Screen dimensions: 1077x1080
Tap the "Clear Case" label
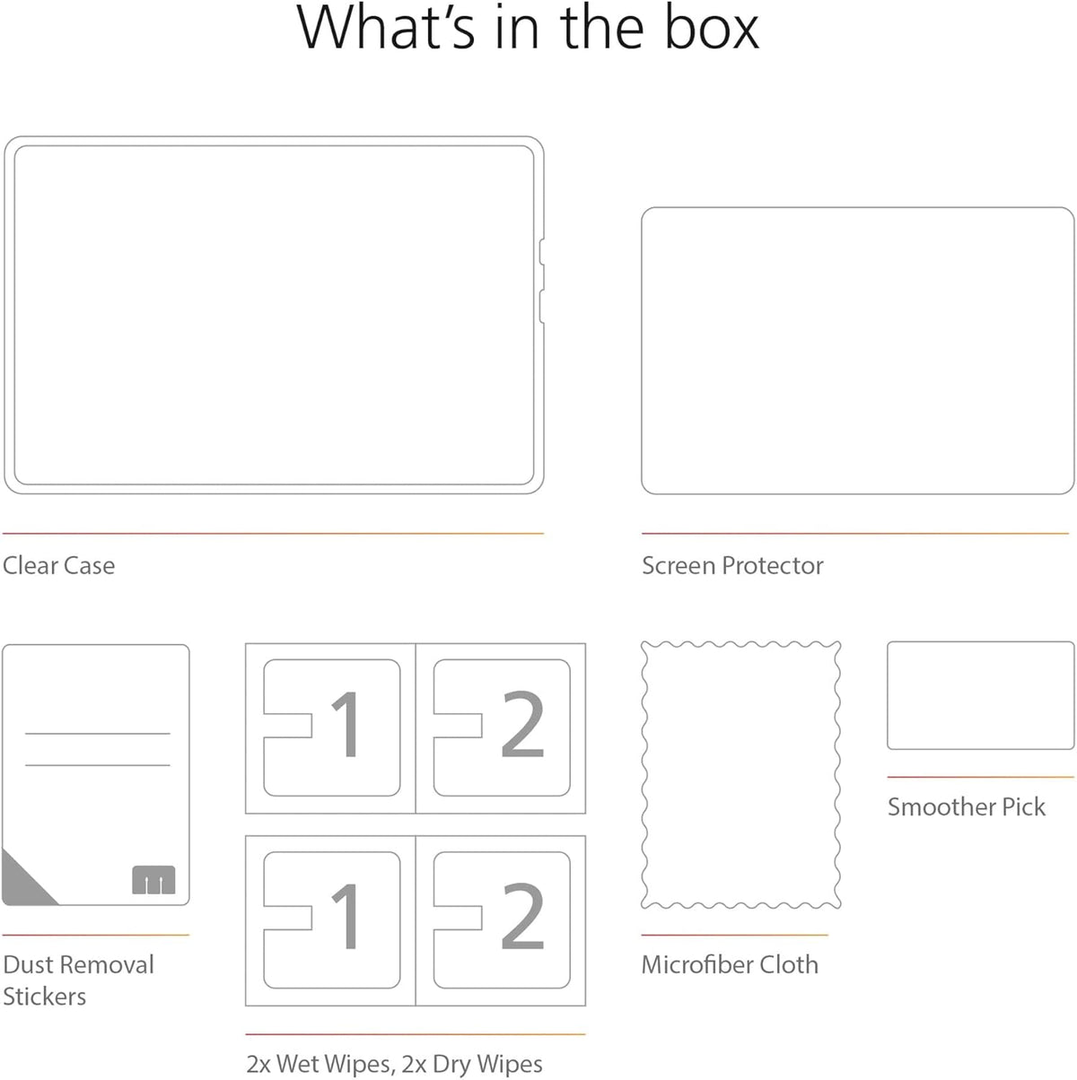tap(59, 565)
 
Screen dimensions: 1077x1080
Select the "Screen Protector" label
tap(732, 565)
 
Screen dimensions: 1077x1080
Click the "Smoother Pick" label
tap(967, 807)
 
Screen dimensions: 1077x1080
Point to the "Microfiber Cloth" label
tap(730, 964)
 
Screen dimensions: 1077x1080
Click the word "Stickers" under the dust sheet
tap(45, 997)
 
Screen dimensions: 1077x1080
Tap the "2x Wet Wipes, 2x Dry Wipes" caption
tap(394, 1064)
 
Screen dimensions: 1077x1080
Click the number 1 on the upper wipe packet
tap(346, 724)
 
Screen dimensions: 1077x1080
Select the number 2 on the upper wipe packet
tap(522, 723)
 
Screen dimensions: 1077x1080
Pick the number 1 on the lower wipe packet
tap(346, 916)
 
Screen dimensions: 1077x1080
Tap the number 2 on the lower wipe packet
tap(522, 916)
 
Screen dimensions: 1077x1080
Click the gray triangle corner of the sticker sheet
tap(22, 884)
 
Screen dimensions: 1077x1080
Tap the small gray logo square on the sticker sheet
tap(153, 880)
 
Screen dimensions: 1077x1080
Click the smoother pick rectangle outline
tap(980, 643)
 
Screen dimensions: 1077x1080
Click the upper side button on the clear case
tap(542, 252)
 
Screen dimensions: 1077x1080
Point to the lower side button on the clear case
tap(542, 307)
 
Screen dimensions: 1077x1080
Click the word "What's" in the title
tap(386, 28)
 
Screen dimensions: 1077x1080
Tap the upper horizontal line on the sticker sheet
tap(98, 734)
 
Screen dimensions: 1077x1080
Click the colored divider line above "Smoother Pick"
tap(980, 778)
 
